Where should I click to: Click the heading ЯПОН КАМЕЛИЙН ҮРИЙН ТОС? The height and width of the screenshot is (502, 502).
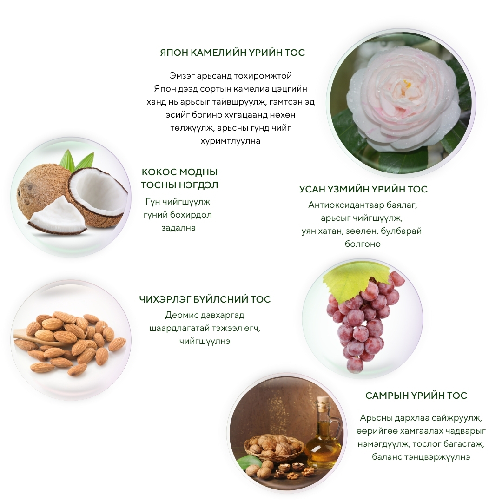[232, 53]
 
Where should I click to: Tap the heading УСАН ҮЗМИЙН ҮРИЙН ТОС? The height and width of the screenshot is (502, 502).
[363, 189]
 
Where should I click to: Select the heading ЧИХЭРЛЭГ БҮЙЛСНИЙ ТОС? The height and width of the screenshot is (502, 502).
[205, 299]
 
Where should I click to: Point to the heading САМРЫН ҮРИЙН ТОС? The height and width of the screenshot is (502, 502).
[416, 396]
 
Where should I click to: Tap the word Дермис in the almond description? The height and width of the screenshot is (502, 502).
[181, 315]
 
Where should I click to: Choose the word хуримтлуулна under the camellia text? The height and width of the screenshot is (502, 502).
[231, 141]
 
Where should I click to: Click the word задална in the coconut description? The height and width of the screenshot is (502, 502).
[178, 228]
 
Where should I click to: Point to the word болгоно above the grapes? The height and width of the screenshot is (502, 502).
[363, 244]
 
